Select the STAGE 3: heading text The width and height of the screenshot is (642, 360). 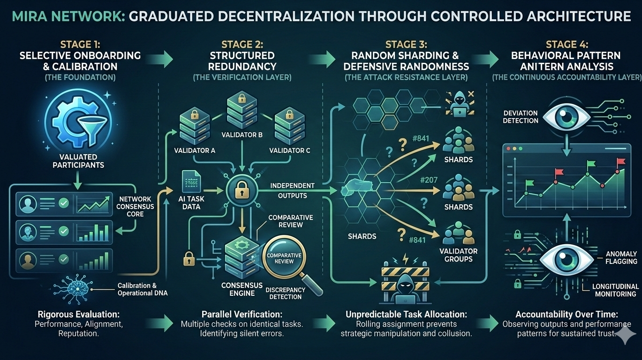(x=406, y=45)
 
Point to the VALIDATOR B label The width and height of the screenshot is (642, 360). (x=242, y=135)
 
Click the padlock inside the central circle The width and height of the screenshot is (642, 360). (x=242, y=189)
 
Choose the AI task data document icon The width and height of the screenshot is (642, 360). (x=191, y=181)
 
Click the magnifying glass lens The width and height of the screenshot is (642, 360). (x=284, y=257)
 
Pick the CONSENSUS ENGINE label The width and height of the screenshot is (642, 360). (x=242, y=289)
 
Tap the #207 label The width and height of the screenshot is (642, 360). (x=429, y=180)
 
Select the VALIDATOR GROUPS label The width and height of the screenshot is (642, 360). (x=458, y=255)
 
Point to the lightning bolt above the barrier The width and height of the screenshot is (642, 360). (x=405, y=259)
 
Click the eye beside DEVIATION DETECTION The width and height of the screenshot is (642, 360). (x=566, y=117)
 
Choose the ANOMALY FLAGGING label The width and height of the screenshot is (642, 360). (x=621, y=257)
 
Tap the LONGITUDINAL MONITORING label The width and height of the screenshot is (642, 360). (x=615, y=290)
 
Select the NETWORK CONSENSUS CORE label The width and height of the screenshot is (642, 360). (x=135, y=207)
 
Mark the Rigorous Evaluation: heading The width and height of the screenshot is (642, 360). (x=78, y=314)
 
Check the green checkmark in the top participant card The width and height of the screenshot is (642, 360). (x=63, y=203)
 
